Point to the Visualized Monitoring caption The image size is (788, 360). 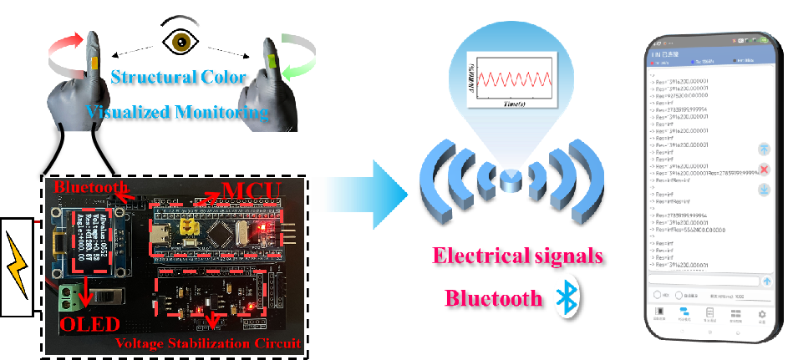pos(177,111)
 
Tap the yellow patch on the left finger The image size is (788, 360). pos(94,63)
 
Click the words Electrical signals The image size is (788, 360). pos(516,256)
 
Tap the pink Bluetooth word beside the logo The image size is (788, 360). pos(493,297)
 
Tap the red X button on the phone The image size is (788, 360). pos(764,170)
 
